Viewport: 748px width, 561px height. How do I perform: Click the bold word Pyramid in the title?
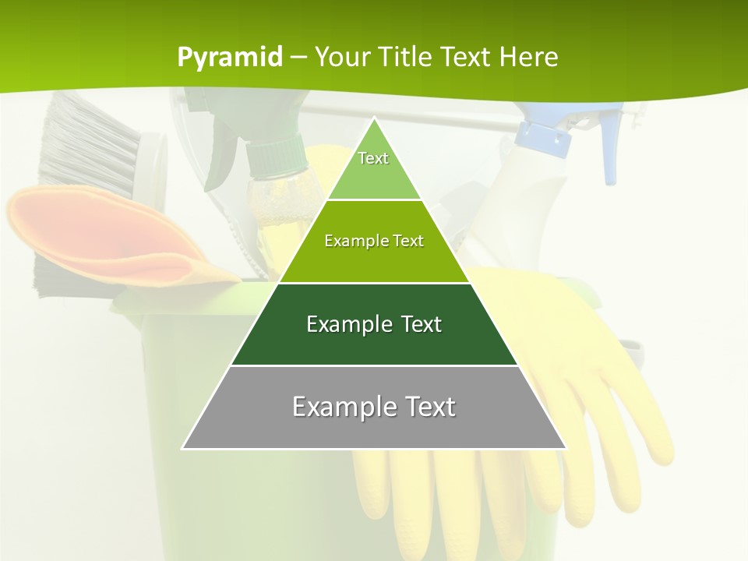pos(230,57)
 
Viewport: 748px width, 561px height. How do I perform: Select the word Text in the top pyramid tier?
pos(373,158)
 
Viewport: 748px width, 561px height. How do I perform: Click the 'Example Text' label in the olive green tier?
pos(374,241)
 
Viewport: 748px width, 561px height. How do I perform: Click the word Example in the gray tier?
pos(336,407)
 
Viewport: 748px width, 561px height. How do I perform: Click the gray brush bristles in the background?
pos(86,144)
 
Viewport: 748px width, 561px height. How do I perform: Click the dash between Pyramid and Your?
pos(298,58)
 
